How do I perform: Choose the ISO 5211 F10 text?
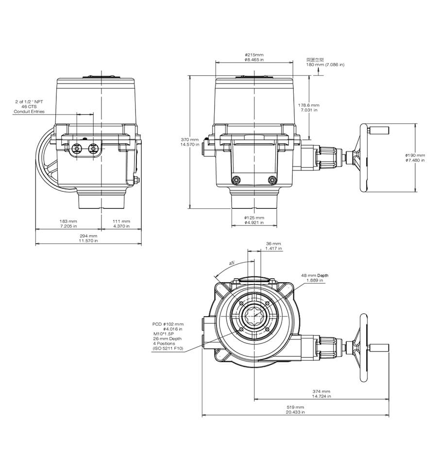point(168,349)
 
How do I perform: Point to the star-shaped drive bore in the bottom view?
point(254,318)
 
